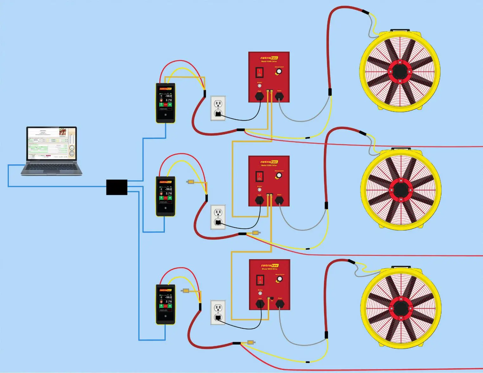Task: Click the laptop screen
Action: click(x=51, y=143)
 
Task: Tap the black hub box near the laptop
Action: click(x=117, y=187)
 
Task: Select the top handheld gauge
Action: click(x=165, y=103)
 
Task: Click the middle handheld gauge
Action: click(x=165, y=196)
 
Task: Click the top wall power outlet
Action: click(x=218, y=108)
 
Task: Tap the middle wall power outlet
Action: click(x=218, y=217)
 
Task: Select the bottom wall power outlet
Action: click(x=218, y=312)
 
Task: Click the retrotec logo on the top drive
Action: click(x=269, y=58)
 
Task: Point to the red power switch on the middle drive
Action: click(x=259, y=176)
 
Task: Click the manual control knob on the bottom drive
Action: click(x=279, y=279)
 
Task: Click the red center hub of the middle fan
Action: click(x=401, y=190)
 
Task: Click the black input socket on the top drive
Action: click(x=259, y=96)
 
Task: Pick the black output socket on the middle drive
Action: click(x=279, y=200)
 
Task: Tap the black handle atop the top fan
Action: click(x=400, y=30)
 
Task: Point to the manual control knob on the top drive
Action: click(x=279, y=72)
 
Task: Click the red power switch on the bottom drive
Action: click(x=260, y=280)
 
